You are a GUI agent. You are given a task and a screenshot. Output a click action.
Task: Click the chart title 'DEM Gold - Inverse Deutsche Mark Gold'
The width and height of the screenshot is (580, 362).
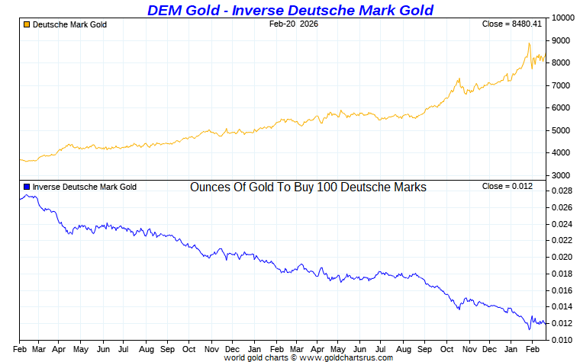tap(290, 10)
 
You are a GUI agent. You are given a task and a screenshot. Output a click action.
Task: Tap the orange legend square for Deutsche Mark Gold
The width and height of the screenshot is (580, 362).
tap(27, 24)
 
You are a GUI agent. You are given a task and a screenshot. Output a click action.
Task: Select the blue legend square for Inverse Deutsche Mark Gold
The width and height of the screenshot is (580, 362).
tap(27, 187)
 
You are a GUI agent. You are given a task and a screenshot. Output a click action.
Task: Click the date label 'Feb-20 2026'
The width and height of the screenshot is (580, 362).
tap(294, 24)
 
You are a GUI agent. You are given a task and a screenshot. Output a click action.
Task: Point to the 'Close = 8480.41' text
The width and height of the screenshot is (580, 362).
tap(512, 24)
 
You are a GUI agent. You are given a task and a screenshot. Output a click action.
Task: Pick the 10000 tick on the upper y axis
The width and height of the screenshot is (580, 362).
tap(563, 18)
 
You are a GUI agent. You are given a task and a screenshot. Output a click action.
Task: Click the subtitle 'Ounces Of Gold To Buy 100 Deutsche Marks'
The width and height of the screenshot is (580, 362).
tap(308, 187)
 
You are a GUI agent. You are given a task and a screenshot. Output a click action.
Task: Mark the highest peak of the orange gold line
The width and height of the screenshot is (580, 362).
tap(529, 43)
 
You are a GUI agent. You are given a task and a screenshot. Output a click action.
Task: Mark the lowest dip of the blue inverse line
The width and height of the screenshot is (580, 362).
tap(530, 329)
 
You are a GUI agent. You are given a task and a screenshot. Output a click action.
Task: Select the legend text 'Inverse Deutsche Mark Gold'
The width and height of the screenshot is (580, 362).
tap(85, 187)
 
